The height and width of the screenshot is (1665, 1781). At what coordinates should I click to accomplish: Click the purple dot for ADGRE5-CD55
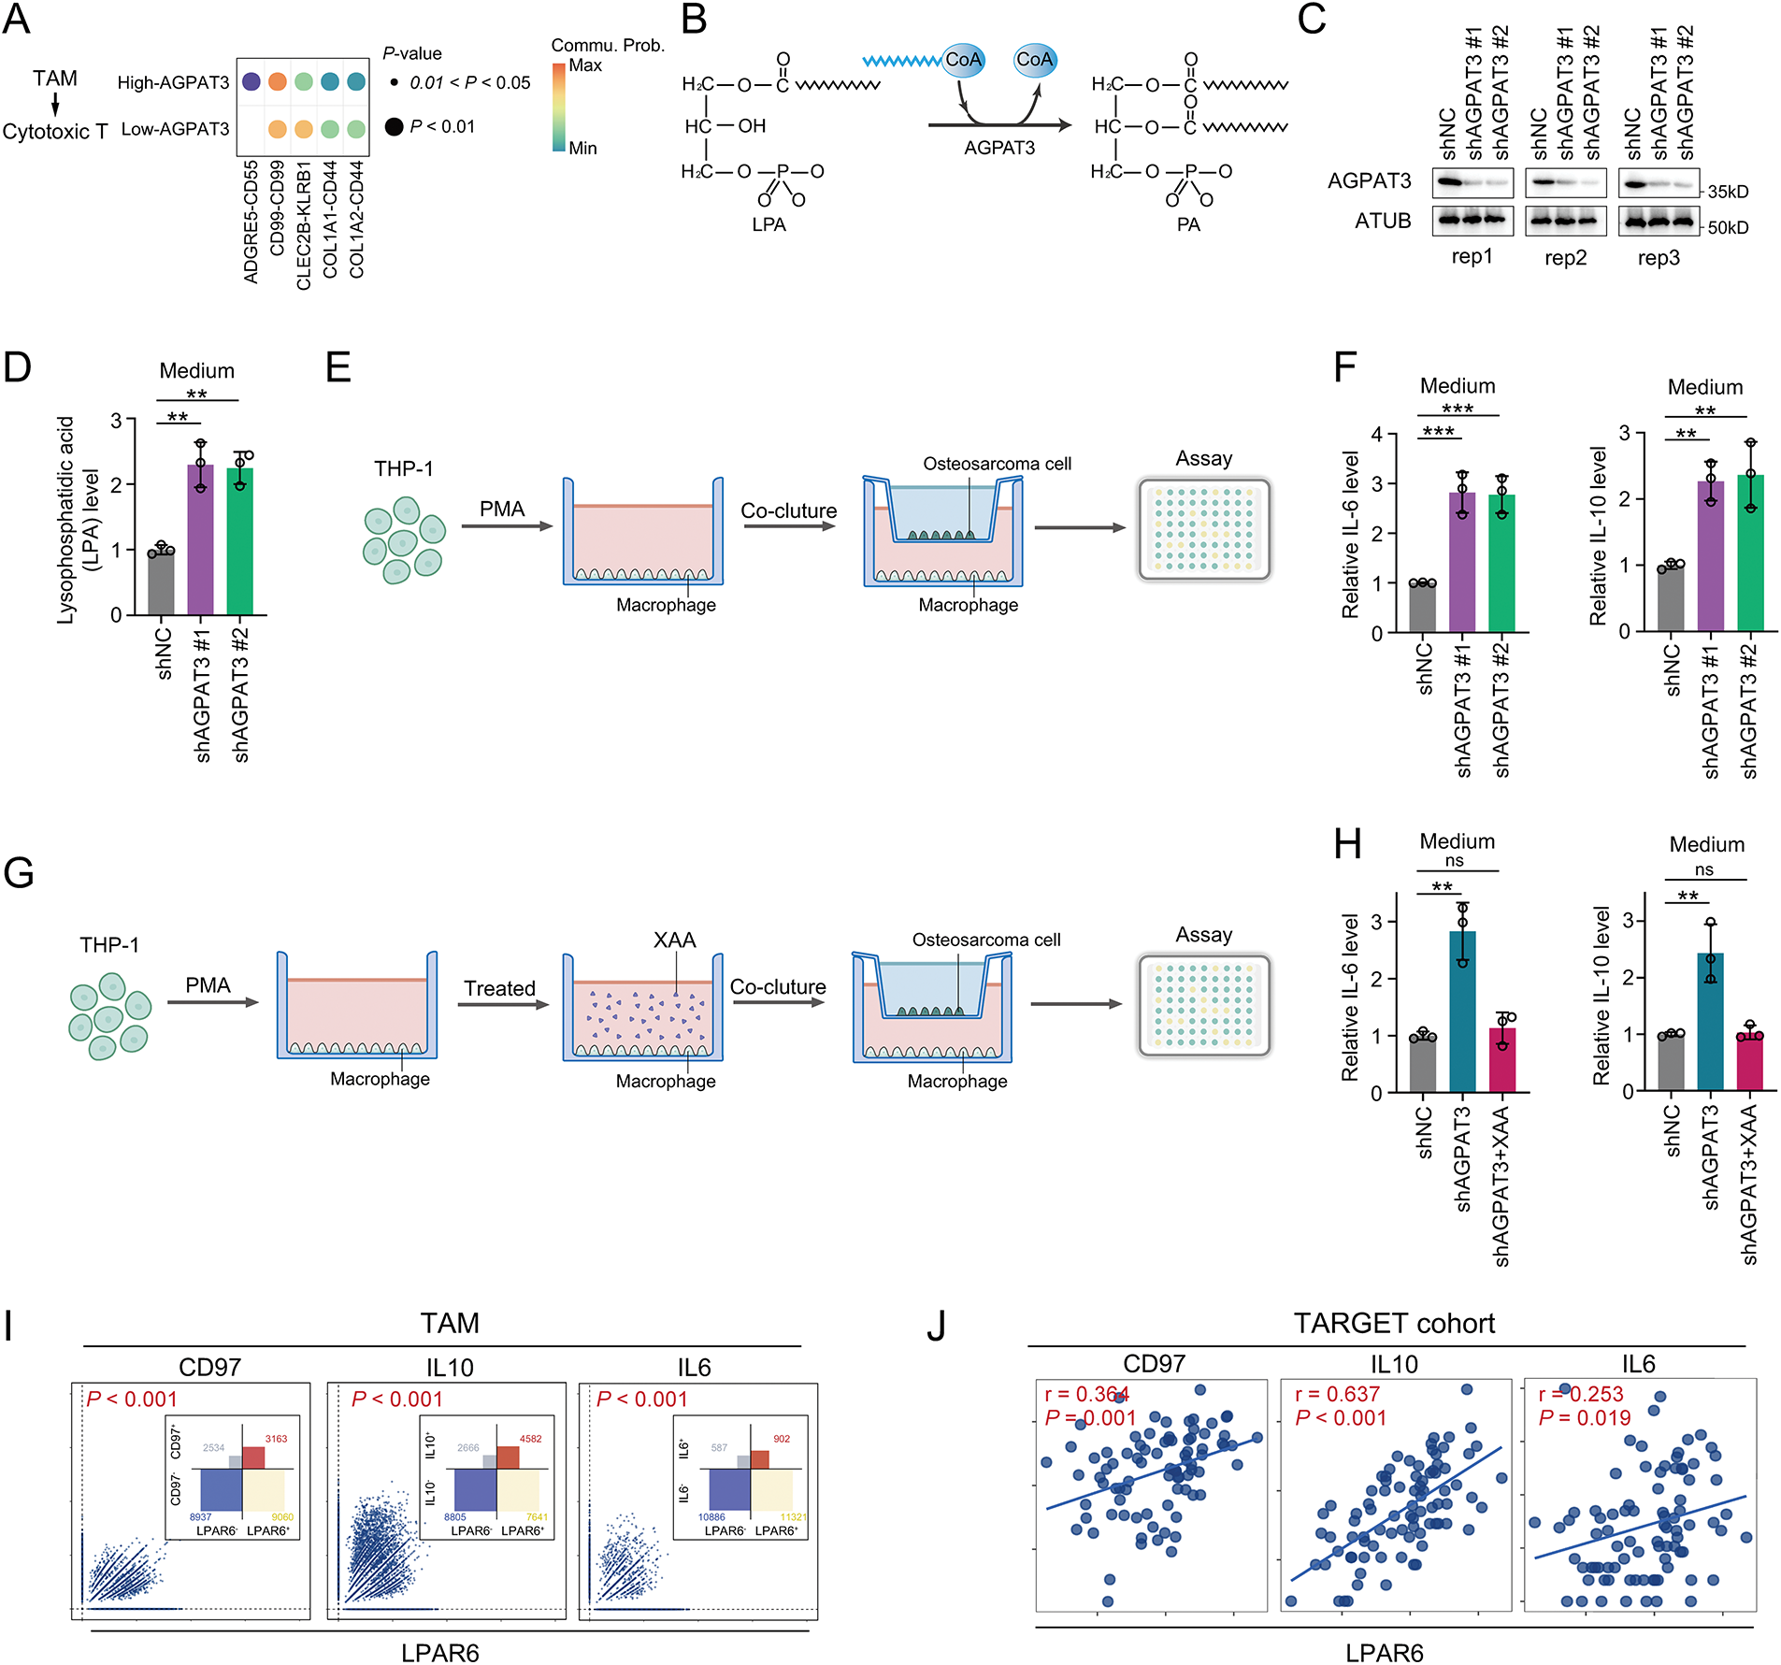(x=251, y=81)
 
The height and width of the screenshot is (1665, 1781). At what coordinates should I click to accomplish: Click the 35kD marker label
(x=1728, y=192)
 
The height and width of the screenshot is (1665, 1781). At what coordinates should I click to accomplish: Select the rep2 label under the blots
(x=1566, y=258)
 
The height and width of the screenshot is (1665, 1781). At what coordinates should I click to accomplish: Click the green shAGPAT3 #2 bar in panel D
(x=240, y=541)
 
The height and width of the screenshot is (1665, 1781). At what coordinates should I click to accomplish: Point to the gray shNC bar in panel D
(x=161, y=583)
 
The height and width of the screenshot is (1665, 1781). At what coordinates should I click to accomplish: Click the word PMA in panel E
(x=502, y=510)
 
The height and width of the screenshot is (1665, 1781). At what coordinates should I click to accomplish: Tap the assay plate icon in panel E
(x=1203, y=530)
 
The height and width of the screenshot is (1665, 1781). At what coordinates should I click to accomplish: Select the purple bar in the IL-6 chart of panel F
(x=1462, y=562)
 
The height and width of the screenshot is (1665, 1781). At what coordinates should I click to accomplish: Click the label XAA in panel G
(x=674, y=940)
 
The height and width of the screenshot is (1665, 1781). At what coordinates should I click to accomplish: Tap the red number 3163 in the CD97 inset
(x=276, y=1439)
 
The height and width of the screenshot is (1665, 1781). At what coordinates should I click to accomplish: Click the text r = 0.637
(x=1337, y=1394)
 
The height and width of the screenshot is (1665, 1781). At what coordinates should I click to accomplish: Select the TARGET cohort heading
(x=1394, y=1324)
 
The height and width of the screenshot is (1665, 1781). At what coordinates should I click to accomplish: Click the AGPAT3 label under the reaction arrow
(x=999, y=148)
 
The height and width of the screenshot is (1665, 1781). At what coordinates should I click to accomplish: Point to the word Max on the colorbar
(x=585, y=65)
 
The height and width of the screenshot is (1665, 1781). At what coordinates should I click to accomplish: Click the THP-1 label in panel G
(x=109, y=945)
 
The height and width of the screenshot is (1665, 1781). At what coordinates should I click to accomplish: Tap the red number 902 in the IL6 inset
(x=782, y=1439)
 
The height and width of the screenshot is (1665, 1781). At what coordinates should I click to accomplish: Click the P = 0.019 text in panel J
(x=1584, y=1418)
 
